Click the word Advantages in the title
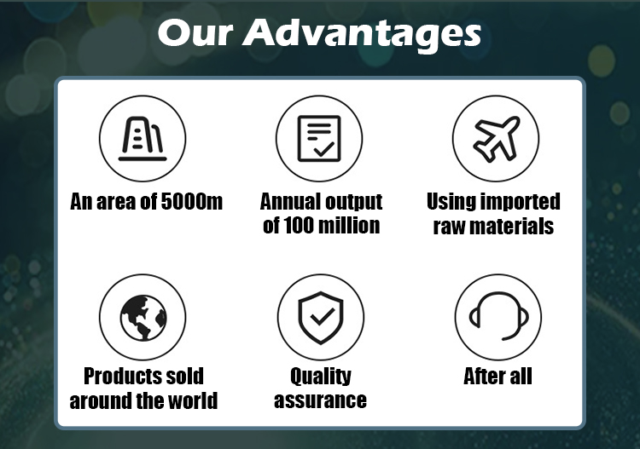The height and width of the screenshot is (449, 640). (362, 33)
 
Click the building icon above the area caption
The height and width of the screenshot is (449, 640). (143, 138)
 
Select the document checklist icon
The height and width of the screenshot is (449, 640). (319, 138)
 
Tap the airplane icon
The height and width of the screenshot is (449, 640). (495, 138)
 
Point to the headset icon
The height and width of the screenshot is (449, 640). (497, 316)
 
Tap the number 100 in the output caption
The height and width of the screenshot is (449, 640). (301, 226)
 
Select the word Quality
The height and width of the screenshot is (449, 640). (320, 376)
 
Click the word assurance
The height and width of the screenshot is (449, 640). (320, 400)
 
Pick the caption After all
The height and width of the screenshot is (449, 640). (497, 376)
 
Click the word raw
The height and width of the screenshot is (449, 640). (449, 227)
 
